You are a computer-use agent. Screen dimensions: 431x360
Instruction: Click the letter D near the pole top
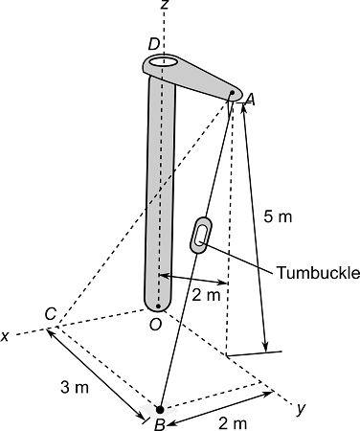click(x=153, y=44)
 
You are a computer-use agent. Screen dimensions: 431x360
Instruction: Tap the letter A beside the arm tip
click(x=250, y=99)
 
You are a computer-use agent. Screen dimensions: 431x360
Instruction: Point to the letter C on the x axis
click(x=49, y=314)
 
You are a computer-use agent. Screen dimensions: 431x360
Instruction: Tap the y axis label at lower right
click(x=301, y=409)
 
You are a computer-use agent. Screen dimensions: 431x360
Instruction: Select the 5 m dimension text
click(x=278, y=217)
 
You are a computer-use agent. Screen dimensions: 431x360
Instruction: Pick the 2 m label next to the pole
click(x=206, y=295)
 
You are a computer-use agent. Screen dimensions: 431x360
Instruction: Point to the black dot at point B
click(x=160, y=409)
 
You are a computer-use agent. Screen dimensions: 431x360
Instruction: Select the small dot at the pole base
click(x=159, y=306)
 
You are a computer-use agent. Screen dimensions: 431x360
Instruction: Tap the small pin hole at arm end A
click(x=233, y=94)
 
